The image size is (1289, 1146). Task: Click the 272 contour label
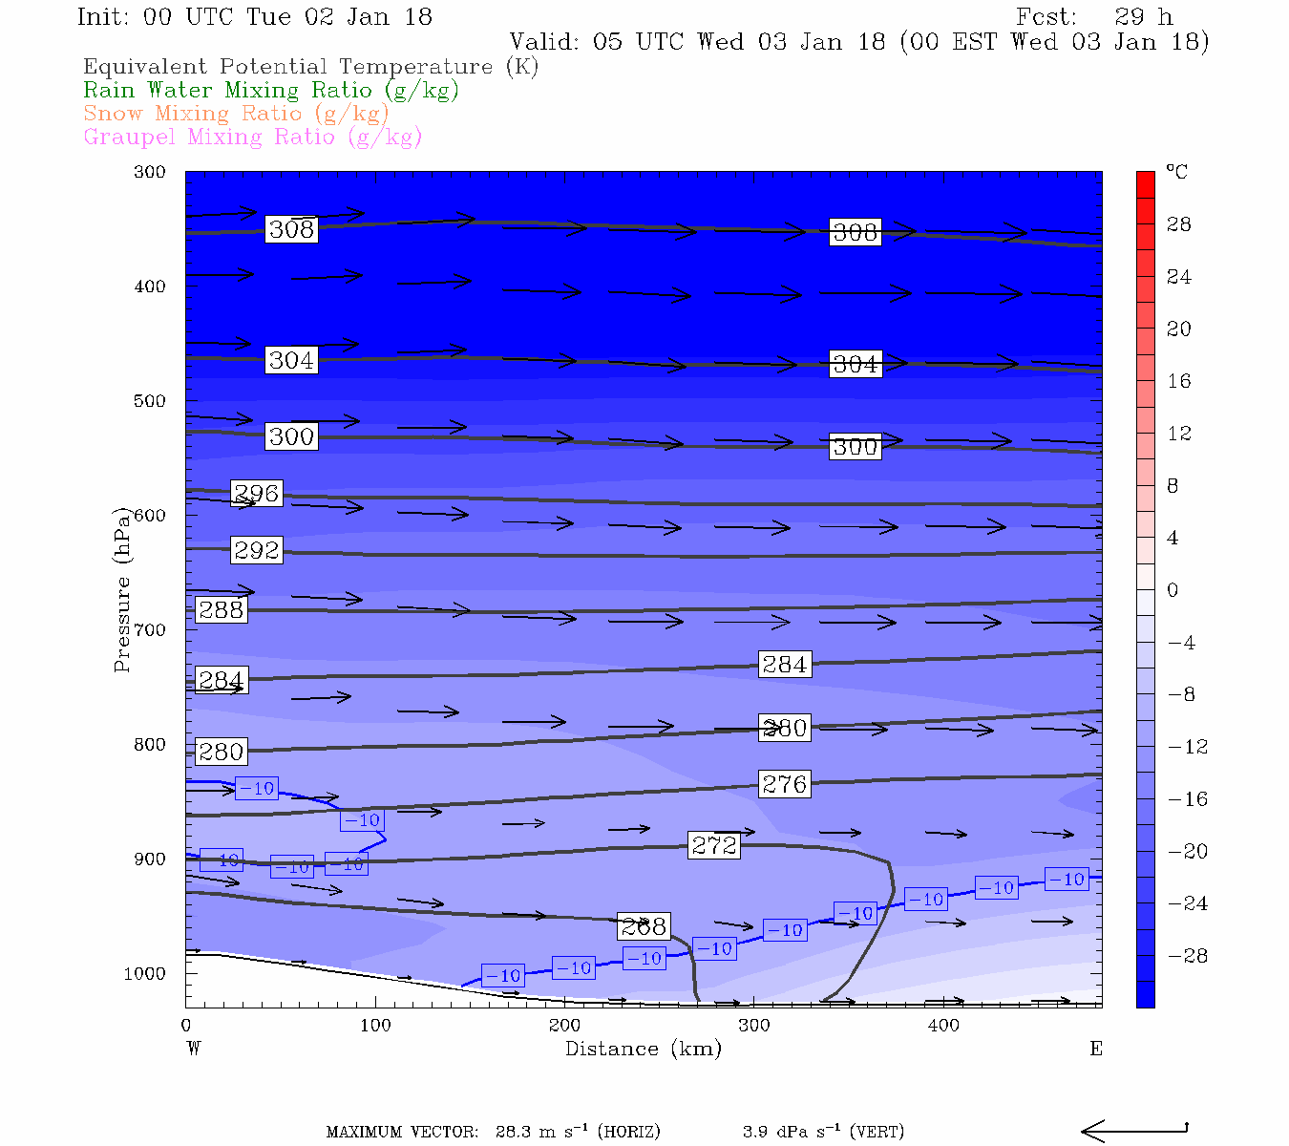coord(714,845)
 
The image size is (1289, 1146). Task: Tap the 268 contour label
coord(643,926)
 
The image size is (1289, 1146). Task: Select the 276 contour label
coord(785,784)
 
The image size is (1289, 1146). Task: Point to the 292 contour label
coord(257,550)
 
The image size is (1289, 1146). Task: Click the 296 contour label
coord(257,494)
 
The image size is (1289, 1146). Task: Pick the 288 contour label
coord(221,609)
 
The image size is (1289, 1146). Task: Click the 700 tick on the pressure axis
coord(150,630)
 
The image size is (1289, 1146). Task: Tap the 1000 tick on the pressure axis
coord(144,974)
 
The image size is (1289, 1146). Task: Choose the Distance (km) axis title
coord(643,1049)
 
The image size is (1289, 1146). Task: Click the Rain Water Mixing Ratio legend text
coord(271,90)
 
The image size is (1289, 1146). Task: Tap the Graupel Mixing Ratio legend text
coord(252,137)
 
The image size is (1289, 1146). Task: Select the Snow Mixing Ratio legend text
coord(236,114)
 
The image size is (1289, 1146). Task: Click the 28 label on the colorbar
coord(1179,224)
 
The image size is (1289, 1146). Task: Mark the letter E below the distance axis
coord(1096,1049)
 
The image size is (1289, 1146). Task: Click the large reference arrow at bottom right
coord(1133,1132)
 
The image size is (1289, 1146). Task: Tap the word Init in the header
coord(103,17)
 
